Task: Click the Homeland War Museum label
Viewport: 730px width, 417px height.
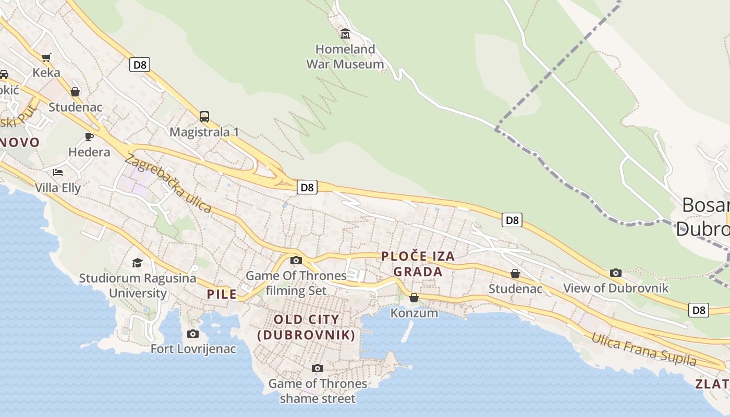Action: click(x=345, y=57)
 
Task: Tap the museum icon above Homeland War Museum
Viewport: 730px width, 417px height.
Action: click(x=345, y=34)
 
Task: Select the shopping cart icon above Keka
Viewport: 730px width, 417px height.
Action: click(x=46, y=57)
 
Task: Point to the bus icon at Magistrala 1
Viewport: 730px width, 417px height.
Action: click(x=204, y=117)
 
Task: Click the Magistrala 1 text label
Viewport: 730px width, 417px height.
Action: click(x=204, y=132)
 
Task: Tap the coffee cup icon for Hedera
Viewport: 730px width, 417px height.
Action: click(x=89, y=137)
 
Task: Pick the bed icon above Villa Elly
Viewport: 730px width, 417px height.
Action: click(x=57, y=172)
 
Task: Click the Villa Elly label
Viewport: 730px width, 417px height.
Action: click(x=58, y=188)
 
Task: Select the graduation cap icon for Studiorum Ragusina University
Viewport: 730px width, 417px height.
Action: click(x=137, y=263)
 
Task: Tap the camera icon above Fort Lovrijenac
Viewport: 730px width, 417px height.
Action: click(x=193, y=334)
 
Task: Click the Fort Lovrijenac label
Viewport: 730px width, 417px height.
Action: click(x=193, y=349)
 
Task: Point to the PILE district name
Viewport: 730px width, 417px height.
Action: click(x=222, y=294)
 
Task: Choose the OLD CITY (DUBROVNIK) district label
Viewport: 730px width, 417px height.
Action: click(x=307, y=327)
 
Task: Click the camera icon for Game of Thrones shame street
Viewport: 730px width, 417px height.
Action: click(x=318, y=369)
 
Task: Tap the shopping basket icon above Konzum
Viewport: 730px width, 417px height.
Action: click(x=414, y=298)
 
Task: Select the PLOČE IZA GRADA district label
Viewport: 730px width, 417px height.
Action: click(x=418, y=264)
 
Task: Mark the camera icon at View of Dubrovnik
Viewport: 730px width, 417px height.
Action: click(x=616, y=273)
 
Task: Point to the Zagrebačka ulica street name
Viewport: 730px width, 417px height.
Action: click(x=168, y=184)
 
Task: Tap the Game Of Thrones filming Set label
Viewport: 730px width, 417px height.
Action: click(x=296, y=283)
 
